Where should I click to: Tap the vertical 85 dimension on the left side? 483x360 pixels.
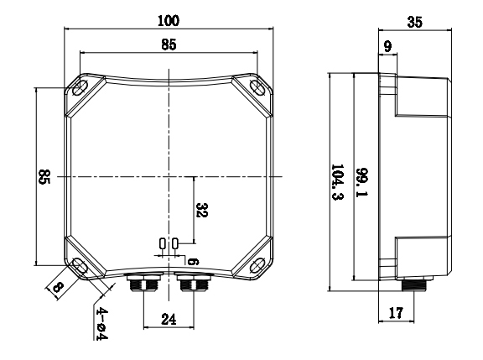44,177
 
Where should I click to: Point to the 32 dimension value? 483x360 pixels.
200,209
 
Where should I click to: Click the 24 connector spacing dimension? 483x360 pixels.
168,320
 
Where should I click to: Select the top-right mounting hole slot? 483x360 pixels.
256,87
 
